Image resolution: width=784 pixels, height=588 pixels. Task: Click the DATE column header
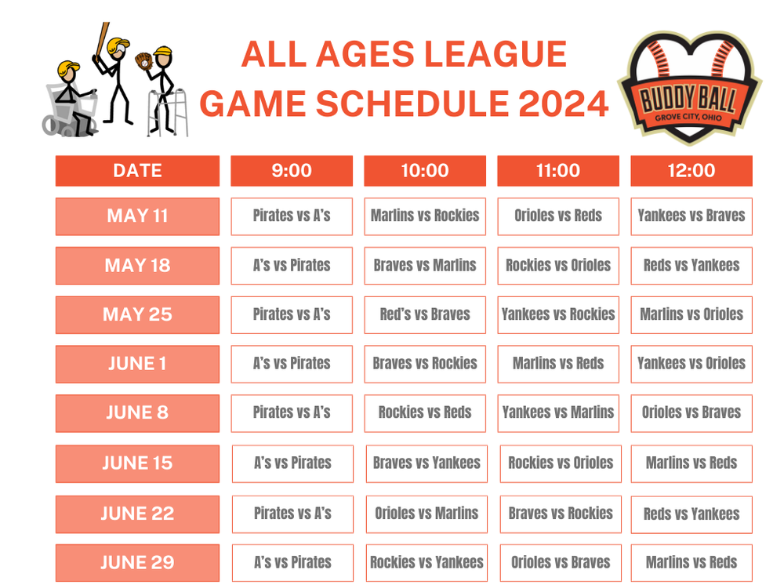click(137, 171)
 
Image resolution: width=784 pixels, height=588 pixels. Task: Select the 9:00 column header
click(292, 171)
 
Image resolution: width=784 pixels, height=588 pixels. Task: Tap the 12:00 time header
click(691, 171)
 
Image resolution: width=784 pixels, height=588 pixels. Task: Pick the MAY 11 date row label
click(137, 216)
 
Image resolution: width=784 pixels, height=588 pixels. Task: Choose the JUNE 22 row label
click(137, 514)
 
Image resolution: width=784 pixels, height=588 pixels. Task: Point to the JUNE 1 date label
click(137, 364)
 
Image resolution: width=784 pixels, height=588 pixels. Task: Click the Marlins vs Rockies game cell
click(425, 216)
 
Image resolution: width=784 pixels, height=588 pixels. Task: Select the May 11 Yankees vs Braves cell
click(691, 216)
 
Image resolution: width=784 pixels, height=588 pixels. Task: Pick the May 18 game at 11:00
click(558, 266)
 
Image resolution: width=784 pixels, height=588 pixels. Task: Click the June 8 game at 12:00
click(691, 413)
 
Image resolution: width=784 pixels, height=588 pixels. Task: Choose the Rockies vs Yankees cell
click(426, 563)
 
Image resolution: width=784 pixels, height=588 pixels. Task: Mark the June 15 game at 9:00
click(292, 463)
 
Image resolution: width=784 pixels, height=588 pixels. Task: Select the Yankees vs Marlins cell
click(558, 413)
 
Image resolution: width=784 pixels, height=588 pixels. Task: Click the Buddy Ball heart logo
click(689, 86)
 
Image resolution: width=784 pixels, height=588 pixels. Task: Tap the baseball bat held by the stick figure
click(100, 45)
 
